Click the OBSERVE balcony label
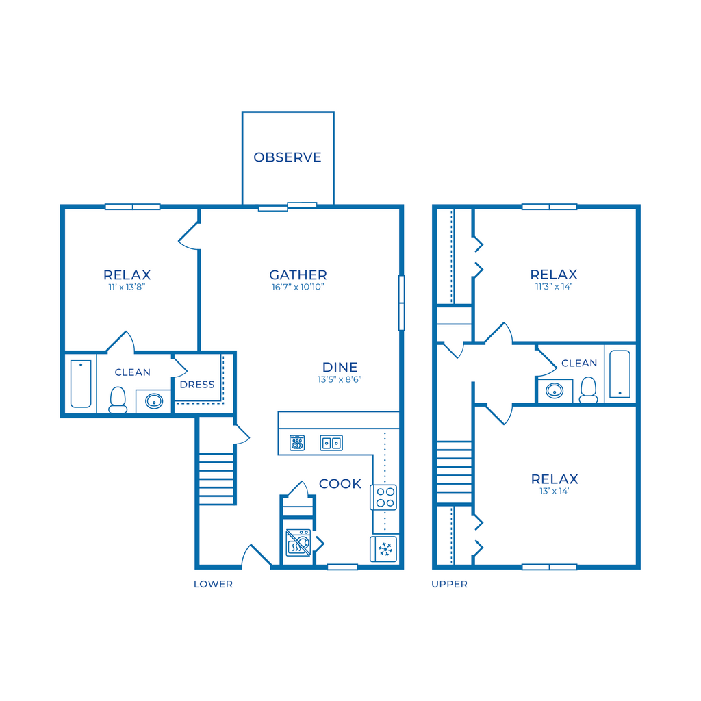point(288,157)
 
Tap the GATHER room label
point(298,275)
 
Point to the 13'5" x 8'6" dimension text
point(340,379)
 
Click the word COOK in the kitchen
point(340,484)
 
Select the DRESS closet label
point(197,385)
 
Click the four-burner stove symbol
point(384,497)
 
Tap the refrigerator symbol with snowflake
point(384,549)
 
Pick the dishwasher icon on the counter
point(297,443)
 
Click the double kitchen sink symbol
point(331,443)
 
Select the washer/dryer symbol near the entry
point(298,542)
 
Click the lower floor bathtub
point(81,383)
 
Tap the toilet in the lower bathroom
point(118,400)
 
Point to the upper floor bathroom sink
point(555,391)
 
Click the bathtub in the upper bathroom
point(620,374)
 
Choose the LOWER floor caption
point(214,585)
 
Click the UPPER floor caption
point(449,585)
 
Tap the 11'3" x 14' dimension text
point(553,287)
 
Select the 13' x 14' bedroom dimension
point(555,491)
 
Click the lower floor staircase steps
point(216,479)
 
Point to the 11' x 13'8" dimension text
point(127,287)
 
